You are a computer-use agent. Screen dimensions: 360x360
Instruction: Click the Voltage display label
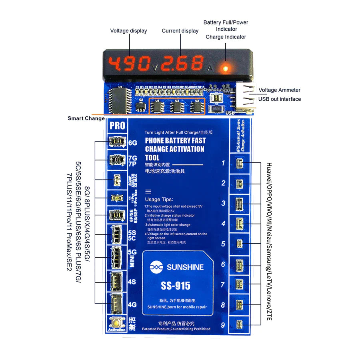pos(128,31)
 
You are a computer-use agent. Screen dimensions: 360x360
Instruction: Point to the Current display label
pos(180,31)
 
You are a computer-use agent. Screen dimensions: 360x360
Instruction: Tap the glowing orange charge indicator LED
pos(225,68)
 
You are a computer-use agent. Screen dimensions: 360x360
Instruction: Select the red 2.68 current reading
pos(184,64)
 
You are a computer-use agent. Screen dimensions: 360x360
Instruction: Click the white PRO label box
pos(117,126)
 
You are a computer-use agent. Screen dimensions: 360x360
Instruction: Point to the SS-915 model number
pos(176,286)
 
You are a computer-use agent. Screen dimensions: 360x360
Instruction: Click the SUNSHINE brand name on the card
pos(185,267)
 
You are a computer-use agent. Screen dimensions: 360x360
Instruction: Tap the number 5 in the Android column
pos(223,244)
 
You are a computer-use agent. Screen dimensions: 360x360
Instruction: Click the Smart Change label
pos(86,118)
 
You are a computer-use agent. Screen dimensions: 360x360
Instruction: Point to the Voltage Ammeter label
pos(279,90)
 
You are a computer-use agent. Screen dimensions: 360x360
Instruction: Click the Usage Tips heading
pos(159,199)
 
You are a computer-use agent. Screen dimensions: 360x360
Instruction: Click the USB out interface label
pos(280,99)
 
